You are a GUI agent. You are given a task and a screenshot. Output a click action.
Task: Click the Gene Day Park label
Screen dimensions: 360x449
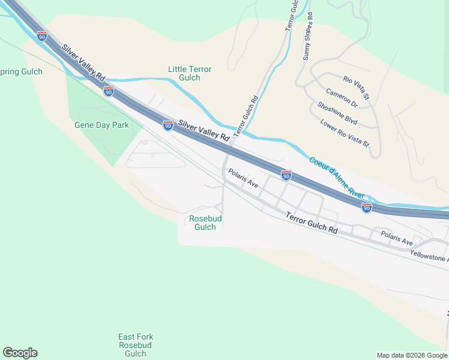[101, 125]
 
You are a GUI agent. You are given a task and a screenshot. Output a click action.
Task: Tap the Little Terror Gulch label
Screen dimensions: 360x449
[190, 74]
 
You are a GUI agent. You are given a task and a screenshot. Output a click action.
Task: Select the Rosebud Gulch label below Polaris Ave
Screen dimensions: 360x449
[206, 223]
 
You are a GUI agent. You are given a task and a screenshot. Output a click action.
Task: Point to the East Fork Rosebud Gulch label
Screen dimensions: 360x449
[135, 345]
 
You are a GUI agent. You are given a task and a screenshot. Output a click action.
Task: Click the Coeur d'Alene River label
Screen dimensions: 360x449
[337, 178]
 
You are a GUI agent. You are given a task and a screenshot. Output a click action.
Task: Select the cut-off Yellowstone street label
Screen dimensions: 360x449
[429, 255]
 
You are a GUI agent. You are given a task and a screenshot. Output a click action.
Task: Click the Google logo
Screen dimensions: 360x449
[20, 353]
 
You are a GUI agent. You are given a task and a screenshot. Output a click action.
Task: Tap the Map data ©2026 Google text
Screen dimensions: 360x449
[412, 355]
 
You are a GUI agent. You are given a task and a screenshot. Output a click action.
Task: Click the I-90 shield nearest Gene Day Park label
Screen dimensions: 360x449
[108, 91]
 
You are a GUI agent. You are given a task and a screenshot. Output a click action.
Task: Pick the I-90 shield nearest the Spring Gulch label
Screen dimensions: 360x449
[42, 36]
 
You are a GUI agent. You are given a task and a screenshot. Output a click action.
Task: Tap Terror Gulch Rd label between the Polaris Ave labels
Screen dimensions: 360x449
[311, 223]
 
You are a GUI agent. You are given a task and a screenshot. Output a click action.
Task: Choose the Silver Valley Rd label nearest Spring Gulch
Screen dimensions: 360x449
[83, 62]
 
